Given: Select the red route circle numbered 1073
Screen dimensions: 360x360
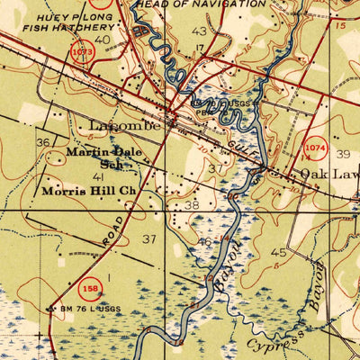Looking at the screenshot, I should click(x=82, y=53).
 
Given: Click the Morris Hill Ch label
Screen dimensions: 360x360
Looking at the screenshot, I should click(x=87, y=192).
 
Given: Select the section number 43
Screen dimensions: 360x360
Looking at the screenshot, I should click(x=200, y=31).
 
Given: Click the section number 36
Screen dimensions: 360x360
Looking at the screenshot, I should click(x=43, y=142).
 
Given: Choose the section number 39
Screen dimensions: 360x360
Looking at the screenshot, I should click(x=343, y=154).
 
